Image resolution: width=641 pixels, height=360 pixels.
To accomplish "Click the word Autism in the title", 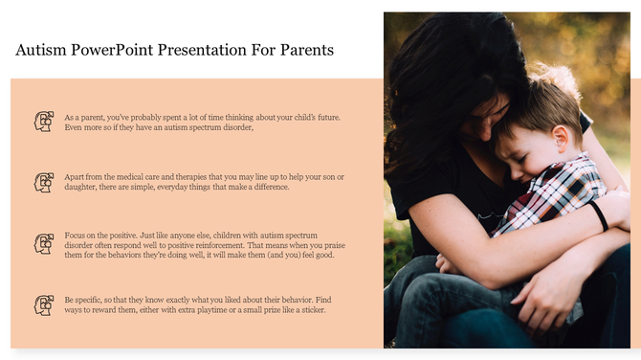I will pyautogui.click(x=42, y=50).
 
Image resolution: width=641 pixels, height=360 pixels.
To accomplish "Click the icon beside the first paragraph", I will pyautogui.click(x=43, y=122).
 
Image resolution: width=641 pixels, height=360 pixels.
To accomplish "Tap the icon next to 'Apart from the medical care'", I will pyautogui.click(x=43, y=182).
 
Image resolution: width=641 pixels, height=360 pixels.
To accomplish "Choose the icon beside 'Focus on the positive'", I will pyautogui.click(x=43, y=244).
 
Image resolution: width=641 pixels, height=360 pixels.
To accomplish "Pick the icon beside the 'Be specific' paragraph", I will pyautogui.click(x=43, y=305).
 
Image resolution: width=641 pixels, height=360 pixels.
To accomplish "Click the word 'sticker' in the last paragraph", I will pyautogui.click(x=311, y=311).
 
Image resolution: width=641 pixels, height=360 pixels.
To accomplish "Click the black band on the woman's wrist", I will pyautogui.click(x=599, y=215).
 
